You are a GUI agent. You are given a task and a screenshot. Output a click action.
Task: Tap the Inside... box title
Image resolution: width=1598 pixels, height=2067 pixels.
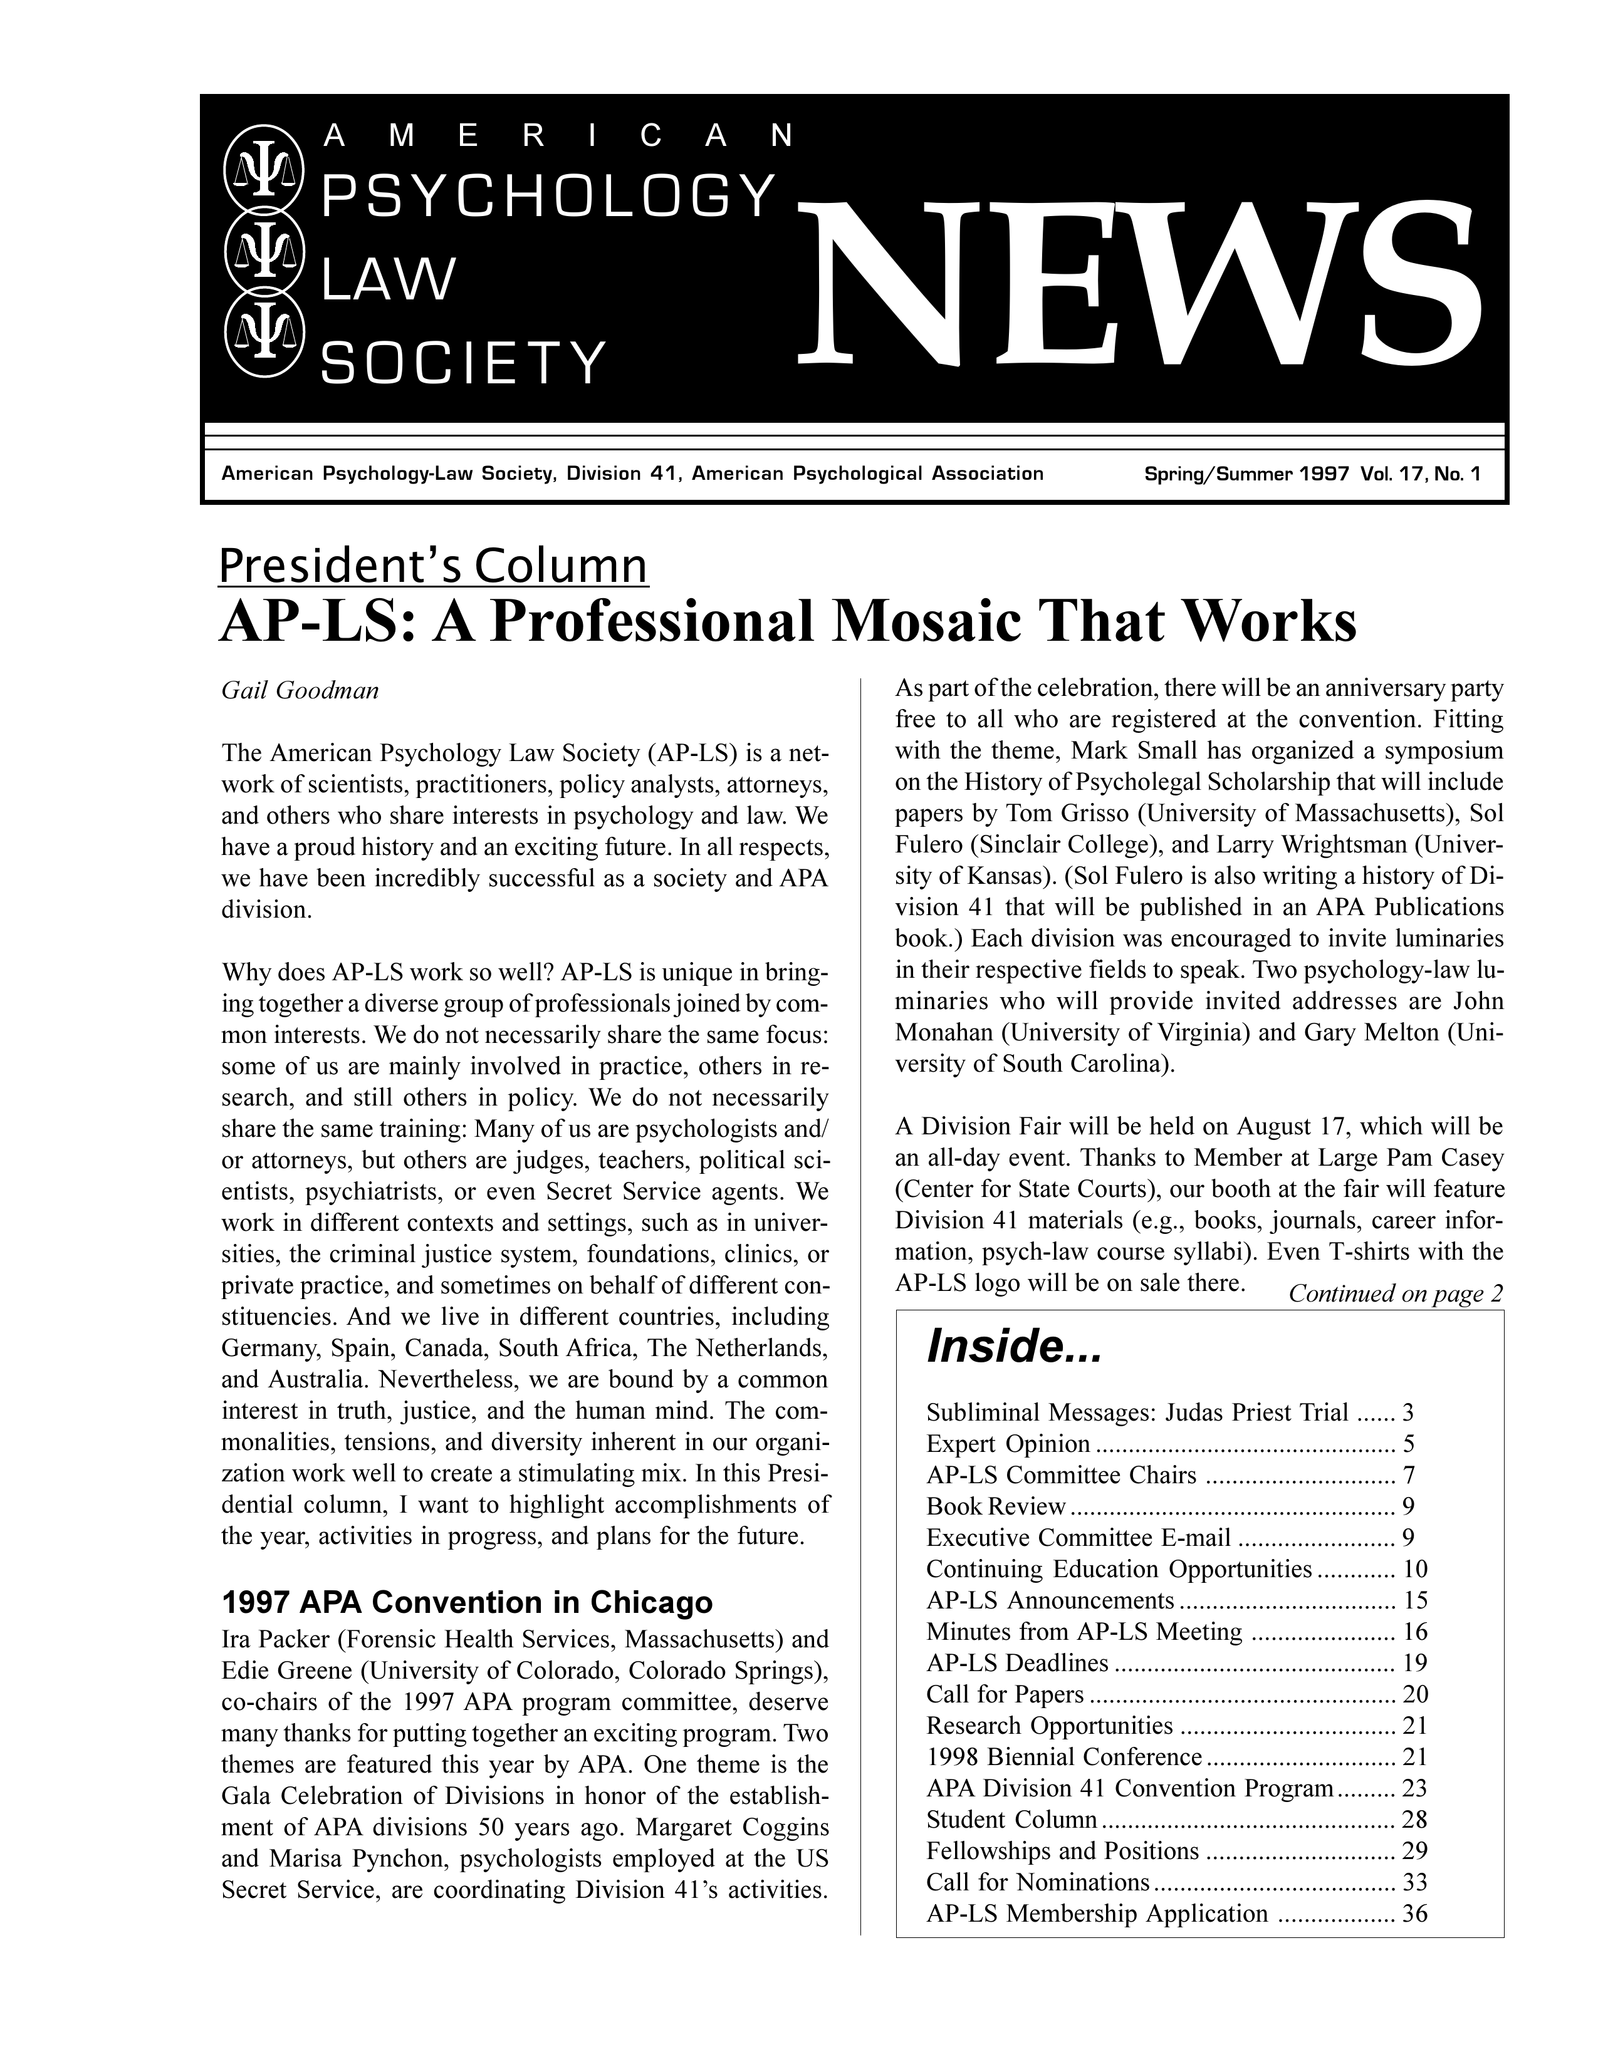(1014, 1346)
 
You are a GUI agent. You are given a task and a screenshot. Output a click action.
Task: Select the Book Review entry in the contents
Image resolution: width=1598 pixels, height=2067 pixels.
(996, 1506)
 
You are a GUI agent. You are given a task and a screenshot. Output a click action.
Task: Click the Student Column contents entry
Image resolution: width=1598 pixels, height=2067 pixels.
(1011, 1820)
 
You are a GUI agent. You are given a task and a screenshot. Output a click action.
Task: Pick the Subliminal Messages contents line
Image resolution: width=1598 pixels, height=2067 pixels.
(1136, 1413)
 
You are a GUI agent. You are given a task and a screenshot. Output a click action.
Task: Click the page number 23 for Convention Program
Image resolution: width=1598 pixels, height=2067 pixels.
(1414, 1789)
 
